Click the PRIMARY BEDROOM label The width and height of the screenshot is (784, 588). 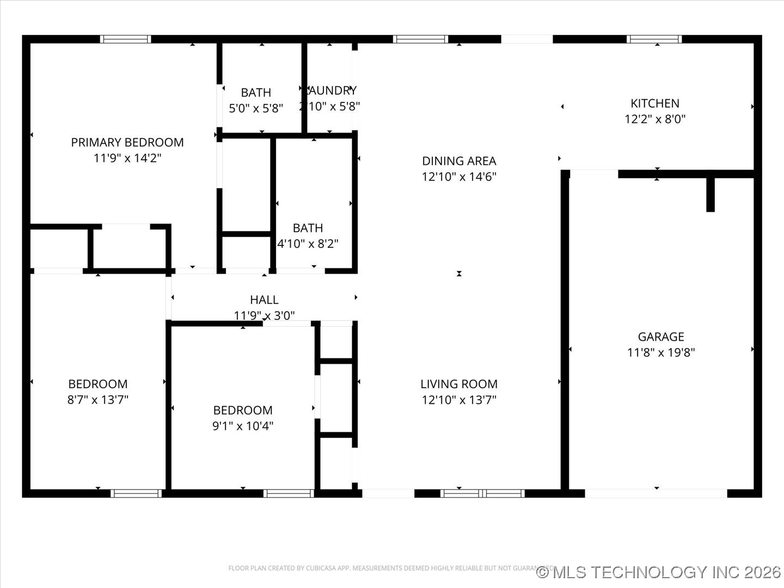[127, 142]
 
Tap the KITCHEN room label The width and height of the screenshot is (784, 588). [654, 103]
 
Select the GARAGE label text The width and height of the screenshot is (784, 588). [661, 336]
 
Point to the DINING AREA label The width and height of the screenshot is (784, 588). [459, 161]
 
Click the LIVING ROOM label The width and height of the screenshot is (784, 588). [459, 384]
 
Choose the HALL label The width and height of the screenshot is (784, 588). [264, 299]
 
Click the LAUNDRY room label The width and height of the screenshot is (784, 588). [330, 90]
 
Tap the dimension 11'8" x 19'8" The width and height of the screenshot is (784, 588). [661, 352]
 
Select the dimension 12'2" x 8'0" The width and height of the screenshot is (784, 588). [654, 119]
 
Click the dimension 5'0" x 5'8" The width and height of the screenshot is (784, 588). [256, 108]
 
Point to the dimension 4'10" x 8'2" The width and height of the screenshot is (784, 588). [308, 243]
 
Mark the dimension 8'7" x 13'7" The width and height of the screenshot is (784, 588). [98, 400]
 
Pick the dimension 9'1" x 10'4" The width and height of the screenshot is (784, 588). [243, 426]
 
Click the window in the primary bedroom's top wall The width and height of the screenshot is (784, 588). [126, 39]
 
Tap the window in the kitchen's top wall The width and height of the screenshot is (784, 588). [654, 39]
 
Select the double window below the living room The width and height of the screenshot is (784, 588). [482, 493]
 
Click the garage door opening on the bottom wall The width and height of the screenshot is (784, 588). [656, 493]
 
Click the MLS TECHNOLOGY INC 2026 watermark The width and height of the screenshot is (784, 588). [659, 572]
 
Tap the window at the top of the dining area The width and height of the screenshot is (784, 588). [420, 39]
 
